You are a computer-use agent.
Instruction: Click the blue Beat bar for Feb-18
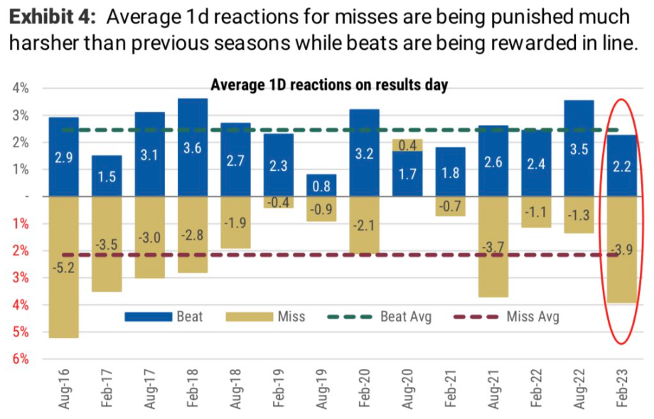(x=193, y=147)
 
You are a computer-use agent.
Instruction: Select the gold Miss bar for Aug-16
(x=63, y=267)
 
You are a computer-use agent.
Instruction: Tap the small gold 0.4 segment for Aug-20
(x=407, y=145)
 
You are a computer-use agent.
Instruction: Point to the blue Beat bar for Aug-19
(x=321, y=185)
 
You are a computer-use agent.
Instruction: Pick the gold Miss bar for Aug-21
(x=493, y=246)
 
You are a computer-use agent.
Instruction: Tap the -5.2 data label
(x=63, y=249)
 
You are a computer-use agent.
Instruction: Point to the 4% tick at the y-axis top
(x=21, y=88)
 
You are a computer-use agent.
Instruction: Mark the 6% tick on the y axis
(x=21, y=359)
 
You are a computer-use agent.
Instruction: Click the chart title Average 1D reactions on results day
(x=329, y=85)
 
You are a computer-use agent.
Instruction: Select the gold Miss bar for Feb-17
(x=107, y=244)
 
